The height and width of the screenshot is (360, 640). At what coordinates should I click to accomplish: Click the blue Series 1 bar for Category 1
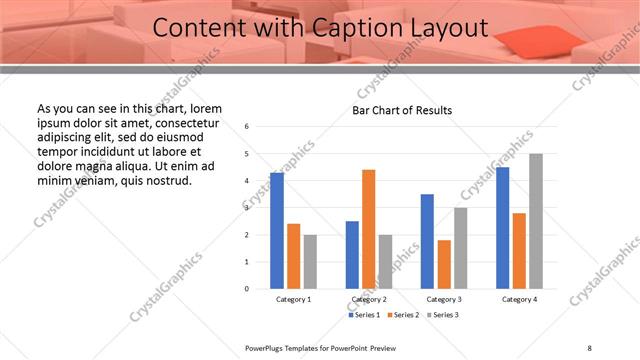click(277, 231)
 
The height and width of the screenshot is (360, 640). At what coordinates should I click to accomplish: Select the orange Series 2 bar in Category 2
click(368, 229)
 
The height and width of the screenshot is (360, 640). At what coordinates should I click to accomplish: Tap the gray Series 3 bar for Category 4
click(536, 221)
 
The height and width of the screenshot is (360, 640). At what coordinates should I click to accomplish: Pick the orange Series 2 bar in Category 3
click(444, 264)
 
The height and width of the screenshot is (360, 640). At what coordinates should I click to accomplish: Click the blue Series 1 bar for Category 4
click(502, 228)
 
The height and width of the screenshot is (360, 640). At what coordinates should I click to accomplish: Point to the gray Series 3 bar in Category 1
click(310, 262)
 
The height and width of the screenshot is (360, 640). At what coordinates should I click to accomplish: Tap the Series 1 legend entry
click(365, 315)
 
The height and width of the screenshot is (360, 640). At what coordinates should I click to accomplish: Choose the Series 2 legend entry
click(402, 315)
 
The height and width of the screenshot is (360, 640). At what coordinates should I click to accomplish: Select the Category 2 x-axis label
click(368, 299)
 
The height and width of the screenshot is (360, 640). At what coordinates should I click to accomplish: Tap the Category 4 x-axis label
click(518, 299)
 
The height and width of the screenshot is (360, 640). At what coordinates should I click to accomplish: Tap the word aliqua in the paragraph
click(152, 167)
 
